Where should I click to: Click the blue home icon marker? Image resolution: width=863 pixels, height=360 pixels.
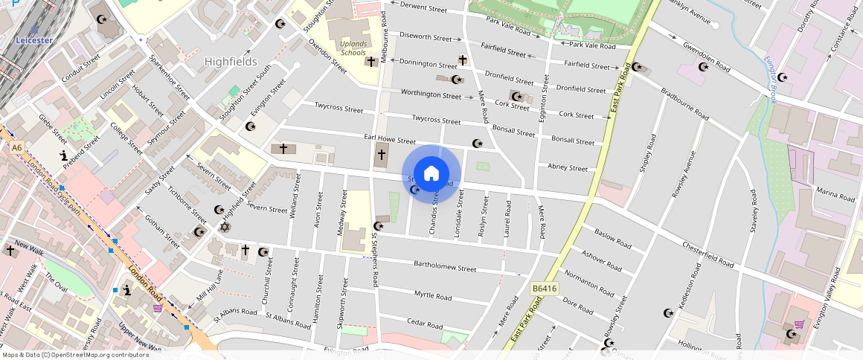[431, 174]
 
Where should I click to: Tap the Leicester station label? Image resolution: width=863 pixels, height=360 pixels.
[34, 39]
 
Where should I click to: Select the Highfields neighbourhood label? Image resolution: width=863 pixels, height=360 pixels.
[231, 62]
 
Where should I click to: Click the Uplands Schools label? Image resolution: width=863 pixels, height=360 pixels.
[353, 48]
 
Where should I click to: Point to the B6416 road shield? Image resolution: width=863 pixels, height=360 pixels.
[545, 288]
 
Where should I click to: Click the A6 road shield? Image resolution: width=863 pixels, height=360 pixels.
[16, 148]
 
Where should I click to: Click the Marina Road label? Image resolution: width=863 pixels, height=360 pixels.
[836, 194]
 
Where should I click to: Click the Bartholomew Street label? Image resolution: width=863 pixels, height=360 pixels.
[445, 266]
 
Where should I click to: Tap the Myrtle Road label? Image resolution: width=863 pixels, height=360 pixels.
[433, 295]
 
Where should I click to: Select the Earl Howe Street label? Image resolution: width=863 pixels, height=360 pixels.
[389, 139]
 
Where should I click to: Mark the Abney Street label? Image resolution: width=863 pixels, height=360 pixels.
[568, 167]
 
